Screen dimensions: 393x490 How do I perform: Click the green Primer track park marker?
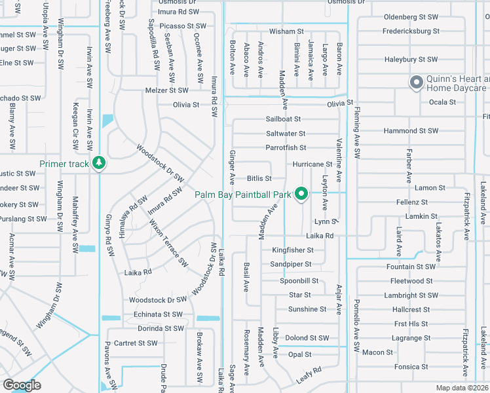[99, 163]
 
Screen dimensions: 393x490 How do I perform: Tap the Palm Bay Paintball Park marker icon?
[301, 194]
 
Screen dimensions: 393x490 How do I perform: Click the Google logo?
[22, 385]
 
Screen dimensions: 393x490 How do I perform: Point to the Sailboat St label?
[283, 119]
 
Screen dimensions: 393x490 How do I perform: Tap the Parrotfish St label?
[286, 148]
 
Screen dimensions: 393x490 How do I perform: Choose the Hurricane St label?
[312, 164]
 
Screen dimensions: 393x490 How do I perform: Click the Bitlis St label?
[259, 178]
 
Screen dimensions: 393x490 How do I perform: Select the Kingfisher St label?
[292, 250]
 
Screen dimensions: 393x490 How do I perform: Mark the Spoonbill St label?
[298, 280]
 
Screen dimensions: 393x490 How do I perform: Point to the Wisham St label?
[286, 31]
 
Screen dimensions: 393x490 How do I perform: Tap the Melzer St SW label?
[167, 90]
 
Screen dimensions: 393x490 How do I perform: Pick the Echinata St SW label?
[157, 314]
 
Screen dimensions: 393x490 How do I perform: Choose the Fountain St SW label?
[411, 267]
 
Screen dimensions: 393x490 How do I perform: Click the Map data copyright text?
[462, 388]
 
